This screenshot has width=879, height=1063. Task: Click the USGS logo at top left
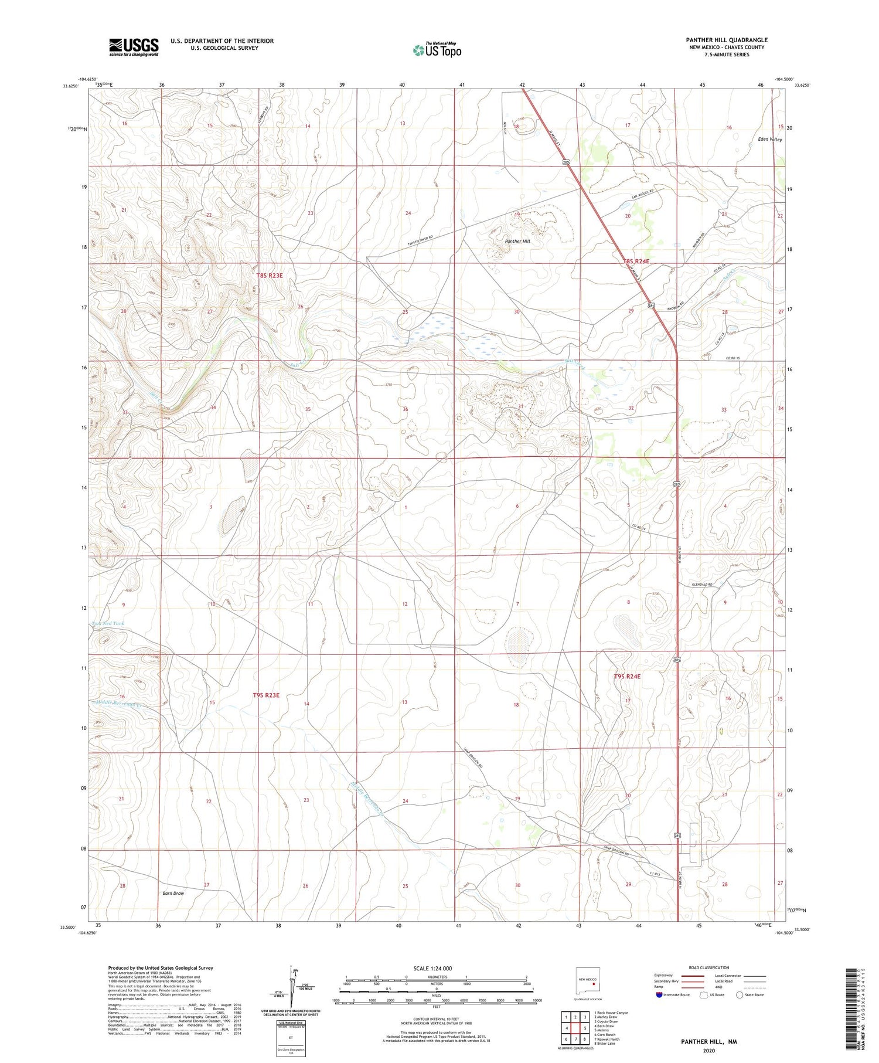pyautogui.click(x=134, y=47)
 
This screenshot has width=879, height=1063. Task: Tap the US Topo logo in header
pyautogui.click(x=437, y=50)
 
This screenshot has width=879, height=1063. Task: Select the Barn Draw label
pyautogui.click(x=173, y=893)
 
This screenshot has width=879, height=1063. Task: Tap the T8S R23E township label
pyautogui.click(x=269, y=275)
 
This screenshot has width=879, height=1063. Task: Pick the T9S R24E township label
pyautogui.click(x=627, y=676)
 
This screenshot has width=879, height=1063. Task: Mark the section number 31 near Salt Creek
pyautogui.click(x=520, y=406)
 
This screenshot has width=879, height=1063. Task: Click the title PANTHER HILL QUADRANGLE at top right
pyautogui.click(x=727, y=40)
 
